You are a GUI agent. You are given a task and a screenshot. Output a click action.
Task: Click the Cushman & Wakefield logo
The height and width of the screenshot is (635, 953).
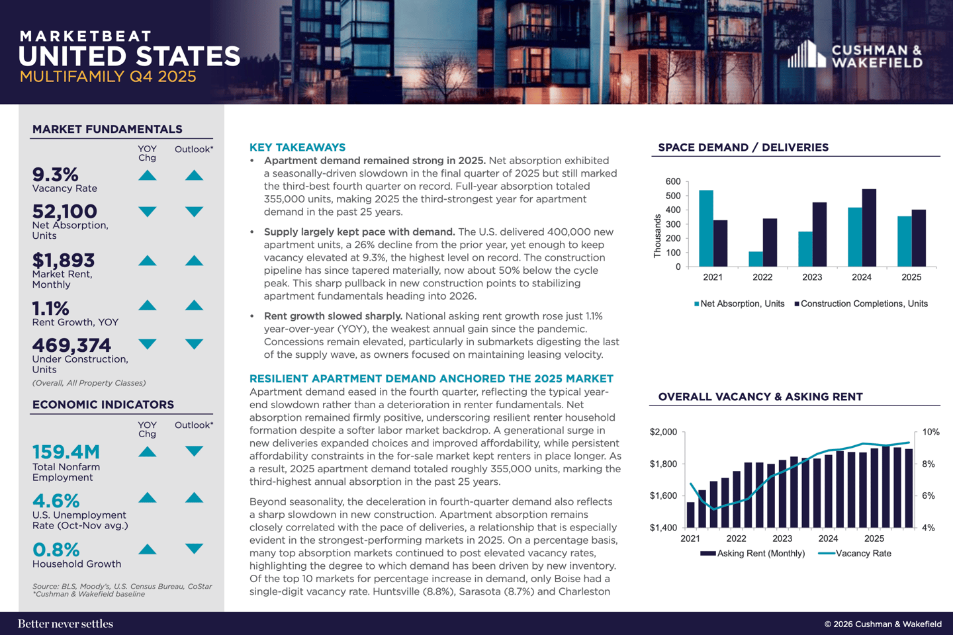(x=855, y=55)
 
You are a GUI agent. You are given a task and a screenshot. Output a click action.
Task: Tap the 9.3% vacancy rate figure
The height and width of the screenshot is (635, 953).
(x=56, y=175)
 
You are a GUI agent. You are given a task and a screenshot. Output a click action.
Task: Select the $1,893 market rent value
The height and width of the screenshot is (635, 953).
(x=64, y=260)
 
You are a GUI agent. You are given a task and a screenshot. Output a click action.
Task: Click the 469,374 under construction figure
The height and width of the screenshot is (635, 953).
(x=71, y=345)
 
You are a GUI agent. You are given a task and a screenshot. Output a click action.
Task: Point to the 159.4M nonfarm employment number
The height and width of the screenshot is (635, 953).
(x=66, y=452)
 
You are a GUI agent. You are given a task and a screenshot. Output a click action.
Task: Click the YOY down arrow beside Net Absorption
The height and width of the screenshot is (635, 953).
(x=147, y=212)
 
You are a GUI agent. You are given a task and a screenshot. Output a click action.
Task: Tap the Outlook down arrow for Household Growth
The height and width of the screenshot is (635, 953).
(x=194, y=548)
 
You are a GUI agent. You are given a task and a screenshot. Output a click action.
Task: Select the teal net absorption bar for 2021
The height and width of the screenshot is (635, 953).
(x=705, y=228)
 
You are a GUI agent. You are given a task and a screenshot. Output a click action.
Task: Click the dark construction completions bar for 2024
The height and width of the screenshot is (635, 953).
(x=869, y=228)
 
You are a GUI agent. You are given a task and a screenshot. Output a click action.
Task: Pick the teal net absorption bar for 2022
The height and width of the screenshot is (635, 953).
(x=755, y=259)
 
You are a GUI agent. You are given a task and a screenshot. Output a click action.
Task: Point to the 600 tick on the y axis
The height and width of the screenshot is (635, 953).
(x=673, y=181)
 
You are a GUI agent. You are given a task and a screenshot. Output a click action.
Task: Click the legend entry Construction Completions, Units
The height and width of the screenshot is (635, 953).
(x=861, y=304)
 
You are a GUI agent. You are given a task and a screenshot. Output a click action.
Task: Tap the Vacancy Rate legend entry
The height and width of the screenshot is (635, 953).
(x=855, y=554)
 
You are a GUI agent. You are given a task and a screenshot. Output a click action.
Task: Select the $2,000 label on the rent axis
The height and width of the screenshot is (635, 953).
(x=663, y=432)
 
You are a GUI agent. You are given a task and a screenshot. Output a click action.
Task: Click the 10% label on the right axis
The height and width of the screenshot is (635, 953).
(x=930, y=432)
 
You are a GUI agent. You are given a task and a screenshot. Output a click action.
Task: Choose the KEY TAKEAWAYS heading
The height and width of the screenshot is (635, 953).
(x=297, y=147)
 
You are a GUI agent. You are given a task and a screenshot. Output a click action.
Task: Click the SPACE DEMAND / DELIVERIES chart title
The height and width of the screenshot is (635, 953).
(x=743, y=147)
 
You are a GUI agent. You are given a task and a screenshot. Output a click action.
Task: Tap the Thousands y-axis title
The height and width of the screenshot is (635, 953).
(x=657, y=235)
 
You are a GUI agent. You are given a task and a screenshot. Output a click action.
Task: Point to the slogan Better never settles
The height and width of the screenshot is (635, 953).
(x=66, y=624)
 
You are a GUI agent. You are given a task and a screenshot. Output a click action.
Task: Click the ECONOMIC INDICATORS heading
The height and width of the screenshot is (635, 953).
(x=103, y=404)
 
